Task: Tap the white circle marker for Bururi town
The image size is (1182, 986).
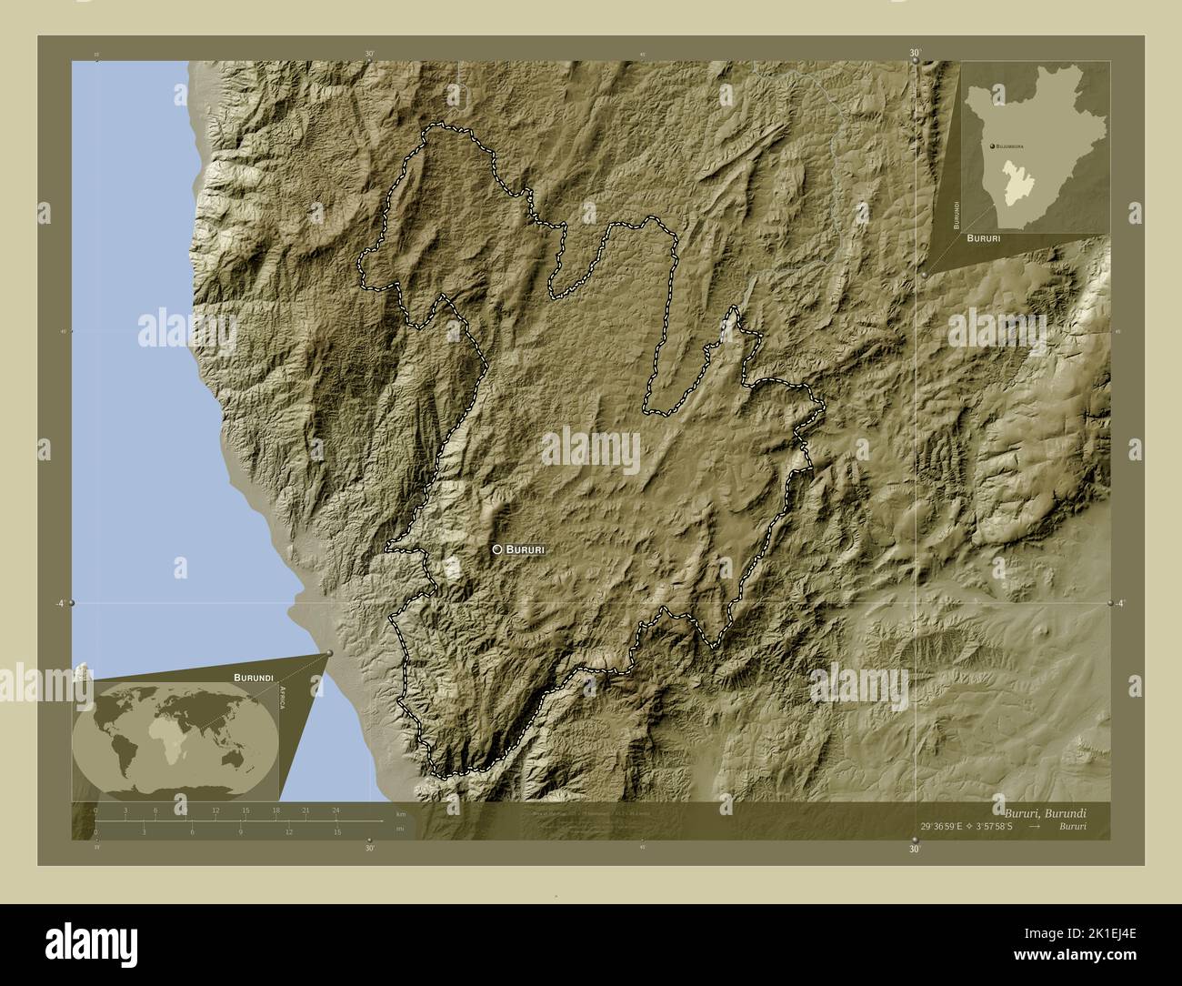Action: [497, 549]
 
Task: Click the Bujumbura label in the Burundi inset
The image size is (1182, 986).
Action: [1009, 146]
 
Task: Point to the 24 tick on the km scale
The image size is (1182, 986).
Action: [336, 810]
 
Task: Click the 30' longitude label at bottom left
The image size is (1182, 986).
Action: [369, 849]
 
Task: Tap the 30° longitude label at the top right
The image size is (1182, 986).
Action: [914, 54]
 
